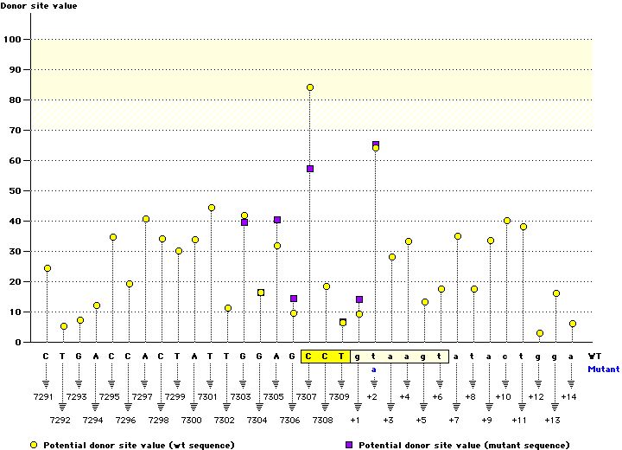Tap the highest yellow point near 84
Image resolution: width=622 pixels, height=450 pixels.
click(310, 87)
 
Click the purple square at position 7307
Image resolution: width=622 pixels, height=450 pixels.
click(310, 169)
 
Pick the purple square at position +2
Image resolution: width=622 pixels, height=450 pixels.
click(376, 145)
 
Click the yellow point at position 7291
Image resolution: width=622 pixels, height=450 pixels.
click(48, 268)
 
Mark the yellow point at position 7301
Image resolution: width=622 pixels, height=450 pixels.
click(212, 208)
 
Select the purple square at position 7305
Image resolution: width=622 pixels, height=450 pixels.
click(277, 220)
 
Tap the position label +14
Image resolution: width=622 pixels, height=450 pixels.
click(568, 396)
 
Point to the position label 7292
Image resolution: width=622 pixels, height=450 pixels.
click(60, 420)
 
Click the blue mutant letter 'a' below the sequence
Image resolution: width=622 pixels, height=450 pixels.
click(374, 369)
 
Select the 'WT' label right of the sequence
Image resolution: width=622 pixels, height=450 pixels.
click(594, 356)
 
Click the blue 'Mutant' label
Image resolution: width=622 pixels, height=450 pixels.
click(603, 369)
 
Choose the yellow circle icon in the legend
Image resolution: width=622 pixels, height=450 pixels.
click(34, 444)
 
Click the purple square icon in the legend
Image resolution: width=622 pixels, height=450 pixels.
click(349, 444)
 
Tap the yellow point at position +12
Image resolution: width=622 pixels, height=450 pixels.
click(540, 333)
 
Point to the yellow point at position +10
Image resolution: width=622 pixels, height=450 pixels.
click(507, 221)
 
